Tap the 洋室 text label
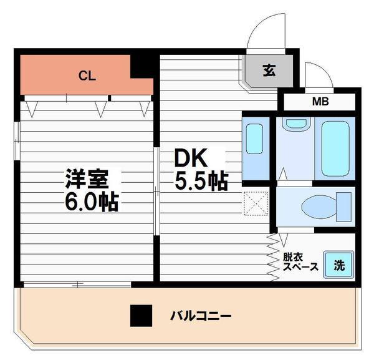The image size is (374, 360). click(88, 178)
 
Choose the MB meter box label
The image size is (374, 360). click(320, 102)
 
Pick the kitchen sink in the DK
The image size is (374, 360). click(255, 139)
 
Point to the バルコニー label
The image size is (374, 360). click(201, 316)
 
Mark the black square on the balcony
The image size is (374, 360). click(141, 316)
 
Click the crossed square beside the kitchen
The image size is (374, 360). click(256, 202)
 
